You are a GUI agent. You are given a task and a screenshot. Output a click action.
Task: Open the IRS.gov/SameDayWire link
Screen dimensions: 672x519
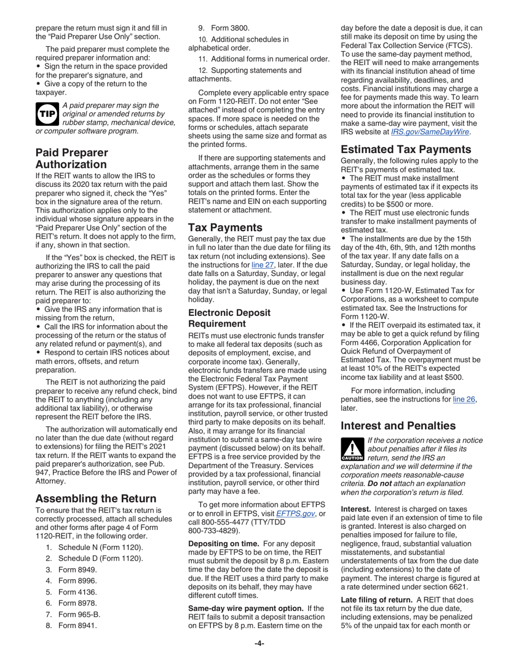(430, 132)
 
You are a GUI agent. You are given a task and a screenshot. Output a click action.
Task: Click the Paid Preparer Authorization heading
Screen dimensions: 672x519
(72, 158)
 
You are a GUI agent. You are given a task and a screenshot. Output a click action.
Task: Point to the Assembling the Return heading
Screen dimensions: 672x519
(96, 498)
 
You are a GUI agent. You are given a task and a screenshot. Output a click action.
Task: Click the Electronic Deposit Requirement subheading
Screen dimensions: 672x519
(229, 318)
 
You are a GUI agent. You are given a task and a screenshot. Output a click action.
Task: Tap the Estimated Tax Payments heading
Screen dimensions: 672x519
(406, 149)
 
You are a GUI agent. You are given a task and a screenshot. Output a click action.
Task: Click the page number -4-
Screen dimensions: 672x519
(259, 644)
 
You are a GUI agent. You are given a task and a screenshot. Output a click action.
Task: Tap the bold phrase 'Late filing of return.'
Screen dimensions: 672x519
(376, 599)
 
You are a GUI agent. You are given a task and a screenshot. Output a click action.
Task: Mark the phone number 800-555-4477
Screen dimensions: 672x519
(223, 522)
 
